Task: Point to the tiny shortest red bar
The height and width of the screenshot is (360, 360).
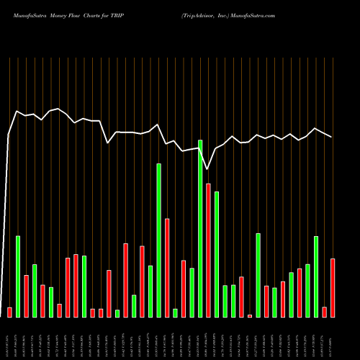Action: click(250, 315)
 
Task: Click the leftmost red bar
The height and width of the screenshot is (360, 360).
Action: click(9, 312)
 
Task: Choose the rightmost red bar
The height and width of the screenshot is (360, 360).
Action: click(333, 287)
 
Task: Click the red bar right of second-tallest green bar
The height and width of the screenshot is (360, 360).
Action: click(167, 267)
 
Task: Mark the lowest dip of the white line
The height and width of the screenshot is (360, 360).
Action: click(207, 169)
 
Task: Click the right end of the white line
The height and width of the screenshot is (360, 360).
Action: click(332, 137)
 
